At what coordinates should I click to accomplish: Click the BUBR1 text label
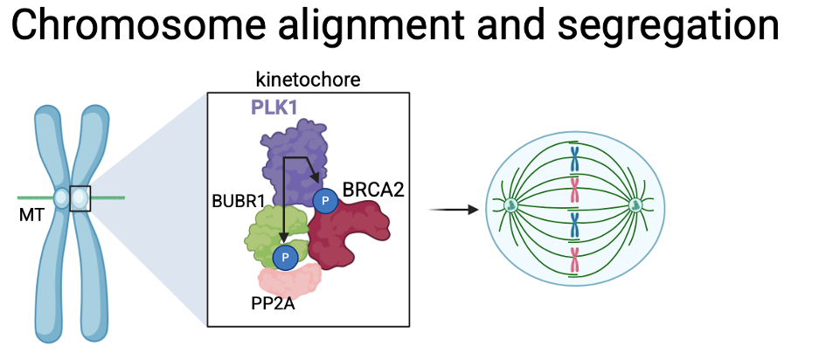(238, 200)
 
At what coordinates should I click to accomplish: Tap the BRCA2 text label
(374, 189)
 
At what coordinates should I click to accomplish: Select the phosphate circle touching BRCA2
(325, 200)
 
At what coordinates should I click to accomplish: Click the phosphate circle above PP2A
(284, 258)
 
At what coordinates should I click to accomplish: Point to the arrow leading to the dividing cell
(455, 210)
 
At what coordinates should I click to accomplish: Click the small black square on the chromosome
(80, 199)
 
